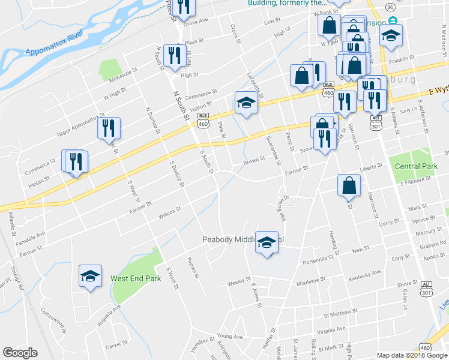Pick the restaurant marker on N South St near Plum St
(x=175, y=55)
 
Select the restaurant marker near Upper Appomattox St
(x=109, y=128)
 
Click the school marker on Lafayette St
(x=246, y=103)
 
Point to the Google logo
(x=20, y=353)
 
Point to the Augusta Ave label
(x=109, y=315)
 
